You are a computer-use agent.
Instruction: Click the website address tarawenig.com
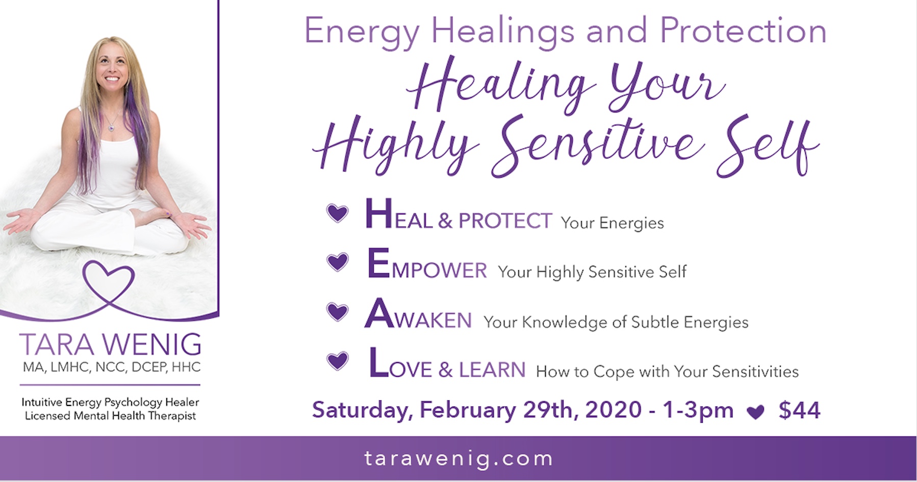coord(458,459)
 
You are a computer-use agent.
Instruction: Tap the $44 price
coord(799,411)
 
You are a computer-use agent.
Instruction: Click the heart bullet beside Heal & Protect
coord(337,213)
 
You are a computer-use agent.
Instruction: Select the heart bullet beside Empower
coord(337,262)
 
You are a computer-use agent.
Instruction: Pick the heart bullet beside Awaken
coord(337,311)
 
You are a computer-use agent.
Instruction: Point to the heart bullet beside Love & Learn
coord(337,361)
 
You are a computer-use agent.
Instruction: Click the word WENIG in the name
coord(152,345)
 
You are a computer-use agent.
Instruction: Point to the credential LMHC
coord(70,368)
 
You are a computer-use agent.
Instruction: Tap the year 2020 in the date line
coord(613,410)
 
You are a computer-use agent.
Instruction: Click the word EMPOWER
coord(427,264)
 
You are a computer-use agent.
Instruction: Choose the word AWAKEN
coord(418,314)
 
